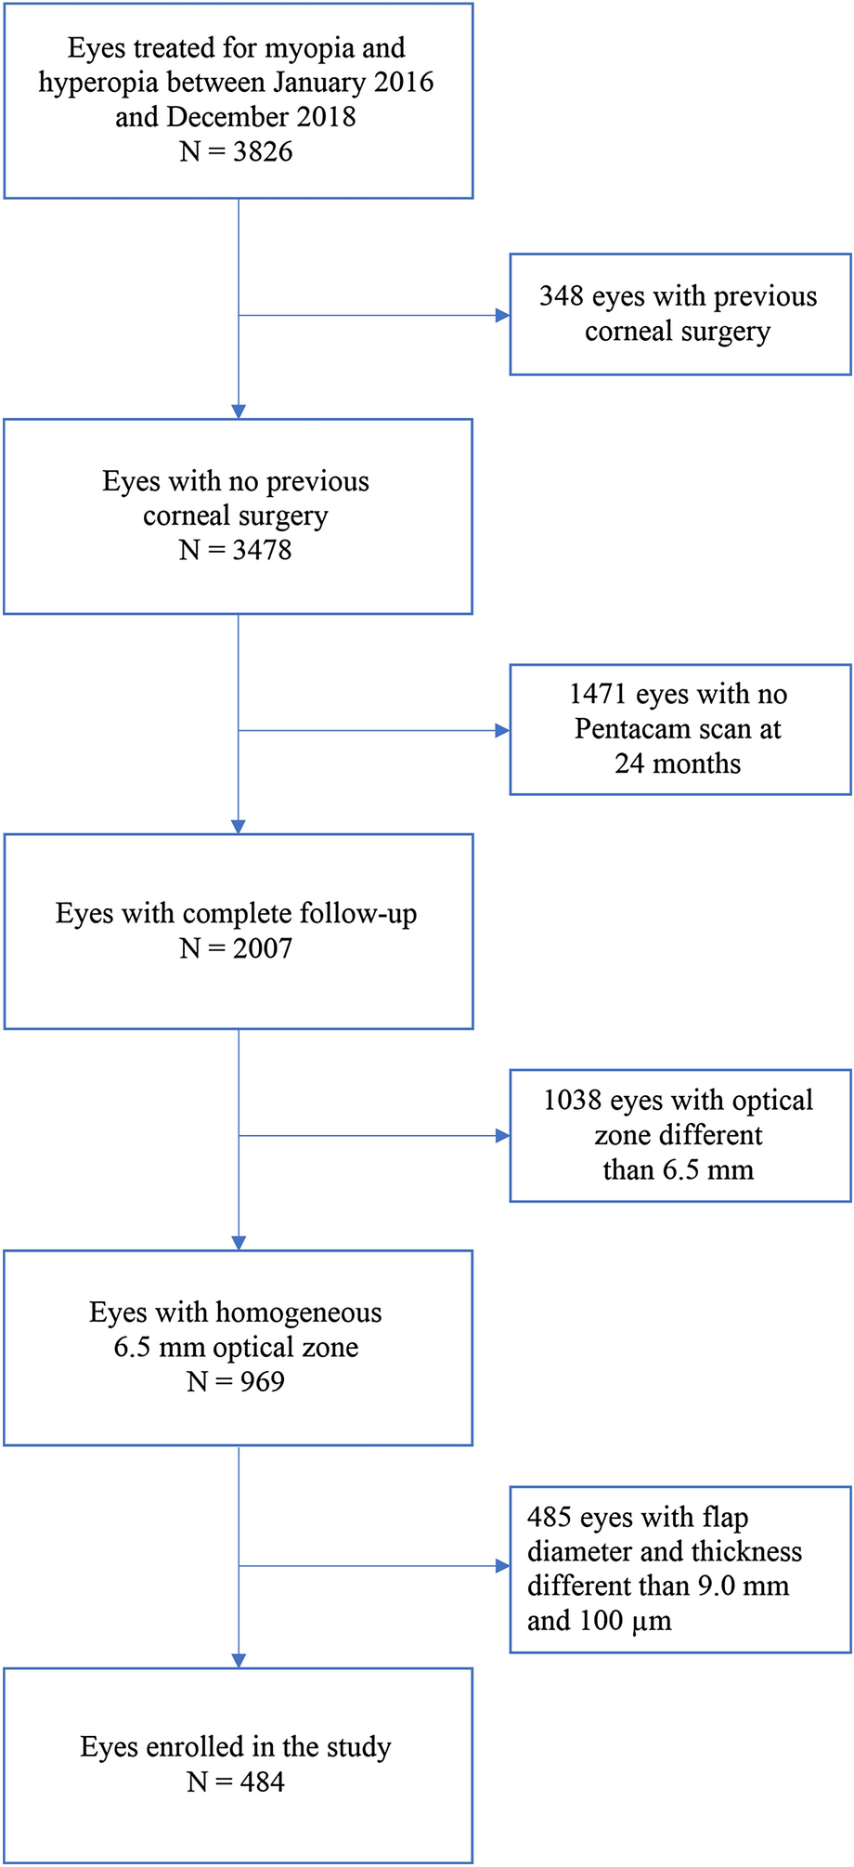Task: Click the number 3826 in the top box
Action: tap(263, 151)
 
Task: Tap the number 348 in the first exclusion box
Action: tap(561, 296)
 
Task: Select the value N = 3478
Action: tap(236, 550)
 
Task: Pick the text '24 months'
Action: tap(678, 764)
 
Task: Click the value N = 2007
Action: tap(236, 948)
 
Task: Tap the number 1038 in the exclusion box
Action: tap(572, 1100)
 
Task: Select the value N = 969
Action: tap(236, 1381)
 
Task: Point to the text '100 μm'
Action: tap(626, 1621)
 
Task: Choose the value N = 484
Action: tap(236, 1782)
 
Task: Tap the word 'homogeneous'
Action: tap(298, 1312)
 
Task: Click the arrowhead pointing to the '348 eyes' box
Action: tap(503, 316)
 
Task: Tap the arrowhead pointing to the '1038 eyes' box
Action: tap(503, 1135)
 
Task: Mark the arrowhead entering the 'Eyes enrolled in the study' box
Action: tap(239, 1661)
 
